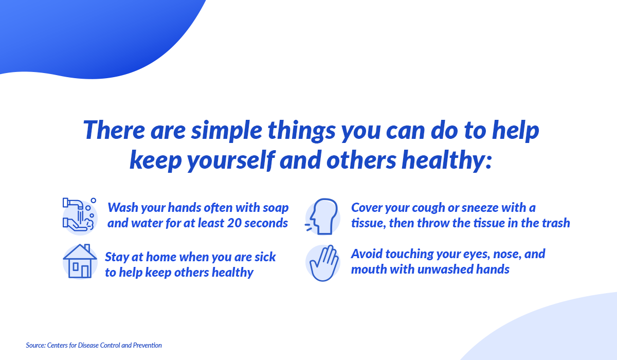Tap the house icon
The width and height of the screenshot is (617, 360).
pos(80,262)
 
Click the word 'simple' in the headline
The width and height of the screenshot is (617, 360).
pos(213,131)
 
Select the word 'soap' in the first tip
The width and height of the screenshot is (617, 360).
pos(275,208)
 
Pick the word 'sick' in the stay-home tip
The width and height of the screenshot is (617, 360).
pos(264,257)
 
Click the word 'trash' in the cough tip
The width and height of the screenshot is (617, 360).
pos(554,223)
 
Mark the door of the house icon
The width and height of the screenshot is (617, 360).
pos(85,271)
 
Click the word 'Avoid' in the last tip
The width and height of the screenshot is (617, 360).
pos(366,254)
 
